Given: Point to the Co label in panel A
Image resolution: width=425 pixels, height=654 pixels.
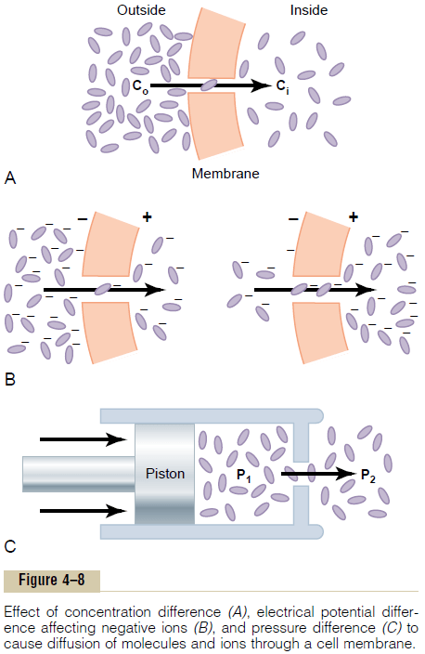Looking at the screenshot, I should pos(138,86).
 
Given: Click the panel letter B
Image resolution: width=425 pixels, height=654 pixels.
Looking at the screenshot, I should pos(11,380).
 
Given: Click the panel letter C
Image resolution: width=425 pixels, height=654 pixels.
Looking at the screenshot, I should pos(11,547).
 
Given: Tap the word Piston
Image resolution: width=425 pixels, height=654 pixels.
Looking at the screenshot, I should pos(165,474).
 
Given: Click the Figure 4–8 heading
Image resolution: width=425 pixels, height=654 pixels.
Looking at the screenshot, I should pos(52,581).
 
